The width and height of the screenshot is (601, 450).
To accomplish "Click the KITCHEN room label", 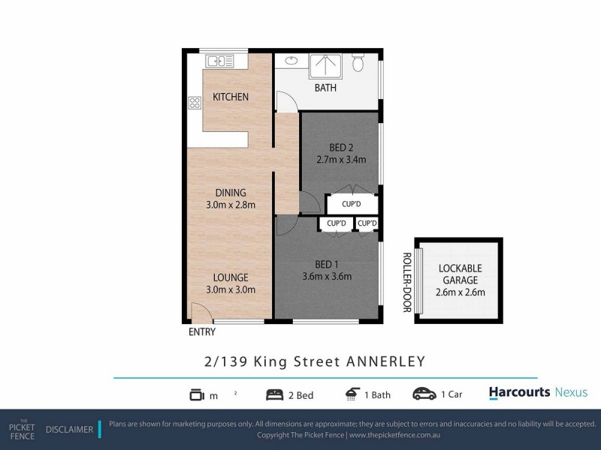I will click(230, 97).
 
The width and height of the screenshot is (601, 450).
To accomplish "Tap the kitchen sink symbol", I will click(216, 61).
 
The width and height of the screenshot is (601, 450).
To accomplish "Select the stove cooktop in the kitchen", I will click(195, 103).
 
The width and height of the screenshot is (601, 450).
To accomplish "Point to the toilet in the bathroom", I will click(358, 63).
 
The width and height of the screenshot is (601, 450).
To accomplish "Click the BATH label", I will click(325, 88).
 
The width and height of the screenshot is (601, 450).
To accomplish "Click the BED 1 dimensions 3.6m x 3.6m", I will click(327, 275).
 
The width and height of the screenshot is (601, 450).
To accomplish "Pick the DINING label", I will click(230, 193).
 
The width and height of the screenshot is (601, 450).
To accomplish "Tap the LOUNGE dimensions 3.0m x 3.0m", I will click(230, 289).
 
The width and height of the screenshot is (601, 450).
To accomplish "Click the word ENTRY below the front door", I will click(202, 332).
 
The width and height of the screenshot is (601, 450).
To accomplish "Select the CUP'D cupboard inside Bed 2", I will click(352, 204).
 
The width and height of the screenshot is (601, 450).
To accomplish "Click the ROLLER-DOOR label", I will click(406, 281).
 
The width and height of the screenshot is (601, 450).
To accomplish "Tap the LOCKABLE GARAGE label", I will click(460, 274).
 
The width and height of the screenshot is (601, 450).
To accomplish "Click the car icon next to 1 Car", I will click(424, 394).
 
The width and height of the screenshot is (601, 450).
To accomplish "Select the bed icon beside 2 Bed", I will click(275, 394).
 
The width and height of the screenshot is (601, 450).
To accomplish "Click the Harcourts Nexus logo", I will click(538, 392).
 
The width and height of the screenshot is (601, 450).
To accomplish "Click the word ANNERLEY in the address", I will click(385, 361).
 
